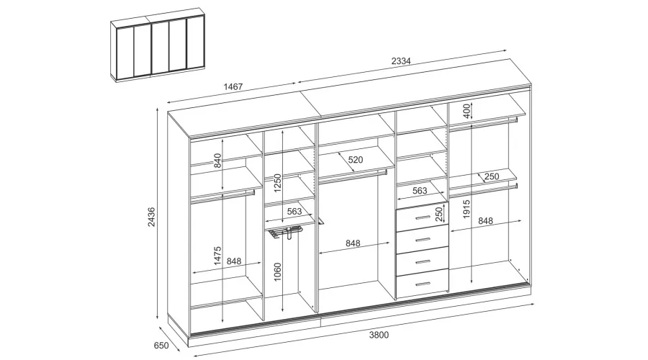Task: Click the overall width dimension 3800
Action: pyautogui.click(x=379, y=334)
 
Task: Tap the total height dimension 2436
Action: pyautogui.click(x=152, y=217)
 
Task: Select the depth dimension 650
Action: pyautogui.click(x=161, y=346)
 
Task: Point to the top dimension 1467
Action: pyautogui.click(x=233, y=87)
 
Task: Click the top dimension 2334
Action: pyautogui.click(x=401, y=61)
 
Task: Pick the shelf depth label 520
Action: pyautogui.click(x=356, y=160)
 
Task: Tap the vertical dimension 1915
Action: pyautogui.click(x=467, y=209)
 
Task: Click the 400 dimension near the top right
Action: pyautogui.click(x=467, y=111)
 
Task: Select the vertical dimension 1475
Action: pyautogui.click(x=217, y=256)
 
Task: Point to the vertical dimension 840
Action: pyautogui.click(x=217, y=161)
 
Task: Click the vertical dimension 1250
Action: pyautogui.click(x=277, y=183)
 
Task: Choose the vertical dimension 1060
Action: pyautogui.click(x=277, y=272)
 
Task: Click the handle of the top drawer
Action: pyautogui.click(x=423, y=217)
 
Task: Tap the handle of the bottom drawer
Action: pyautogui.click(x=423, y=284)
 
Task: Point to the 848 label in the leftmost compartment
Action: pyautogui.click(x=234, y=261)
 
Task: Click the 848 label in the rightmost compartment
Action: pyautogui.click(x=485, y=221)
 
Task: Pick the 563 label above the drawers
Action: pyautogui.click(x=420, y=191)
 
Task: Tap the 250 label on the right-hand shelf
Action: pyautogui.click(x=492, y=176)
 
